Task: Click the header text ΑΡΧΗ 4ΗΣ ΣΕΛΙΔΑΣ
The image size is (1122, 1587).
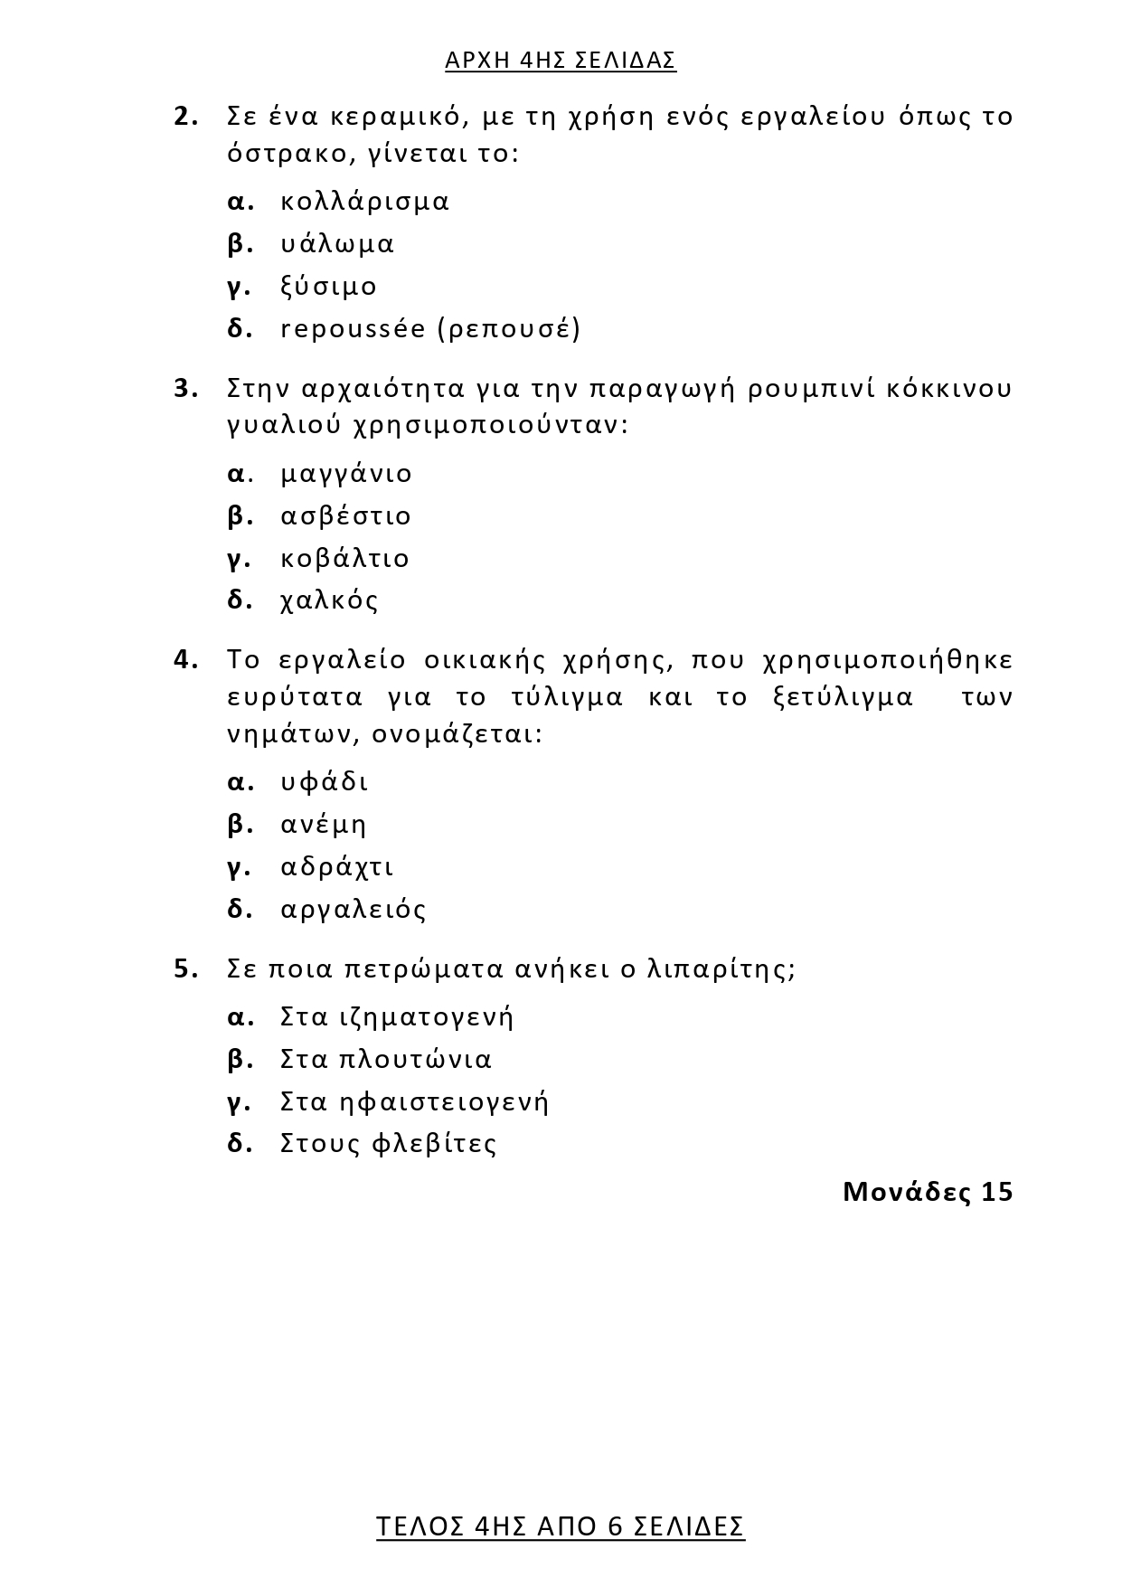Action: coord(561,61)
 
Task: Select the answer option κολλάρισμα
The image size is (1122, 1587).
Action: coord(364,201)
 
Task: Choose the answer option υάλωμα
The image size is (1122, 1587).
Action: coord(337,244)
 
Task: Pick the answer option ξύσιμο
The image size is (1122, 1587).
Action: coord(328,287)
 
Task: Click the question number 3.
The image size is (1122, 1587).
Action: coord(184,389)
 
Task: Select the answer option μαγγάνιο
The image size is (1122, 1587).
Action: coord(346,474)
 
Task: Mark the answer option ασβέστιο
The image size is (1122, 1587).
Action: coord(346,516)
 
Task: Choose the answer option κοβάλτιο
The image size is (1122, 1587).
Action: coord(344,559)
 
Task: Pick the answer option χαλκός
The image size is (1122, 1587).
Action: coord(329,601)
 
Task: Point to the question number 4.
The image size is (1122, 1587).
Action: coord(184,660)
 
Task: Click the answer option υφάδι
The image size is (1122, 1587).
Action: coord(325,782)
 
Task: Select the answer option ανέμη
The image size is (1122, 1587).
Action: coord(324,825)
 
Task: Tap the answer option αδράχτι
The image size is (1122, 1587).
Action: coord(337,867)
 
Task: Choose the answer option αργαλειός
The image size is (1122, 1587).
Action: coord(354,910)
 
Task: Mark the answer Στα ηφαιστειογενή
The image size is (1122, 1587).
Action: coord(414,1102)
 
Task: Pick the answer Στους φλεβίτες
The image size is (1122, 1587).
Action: coord(389,1144)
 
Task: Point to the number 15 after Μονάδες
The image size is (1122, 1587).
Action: coord(996,1192)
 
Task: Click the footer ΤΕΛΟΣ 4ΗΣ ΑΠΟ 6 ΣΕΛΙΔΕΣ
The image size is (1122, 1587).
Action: coord(561,1526)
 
